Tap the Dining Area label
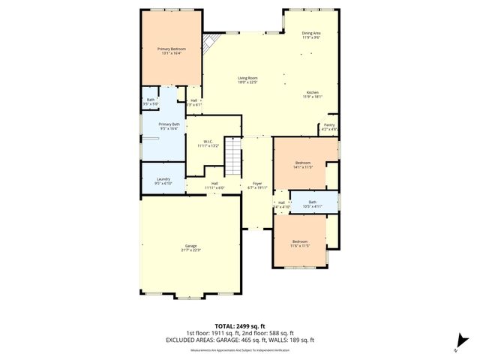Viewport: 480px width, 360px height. tap(311, 33)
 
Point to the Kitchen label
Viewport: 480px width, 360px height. tap(312, 92)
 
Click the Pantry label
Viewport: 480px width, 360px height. tap(329, 125)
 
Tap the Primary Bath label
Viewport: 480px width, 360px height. tap(169, 124)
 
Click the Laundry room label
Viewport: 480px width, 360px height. tap(163, 179)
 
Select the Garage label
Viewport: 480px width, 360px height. tap(191, 246)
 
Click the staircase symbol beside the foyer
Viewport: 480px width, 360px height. tap(235, 156)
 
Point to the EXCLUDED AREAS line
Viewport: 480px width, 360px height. tap(240, 340)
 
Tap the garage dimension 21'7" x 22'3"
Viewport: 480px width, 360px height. tap(191, 250)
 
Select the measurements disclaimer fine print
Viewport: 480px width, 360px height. tap(240, 349)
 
